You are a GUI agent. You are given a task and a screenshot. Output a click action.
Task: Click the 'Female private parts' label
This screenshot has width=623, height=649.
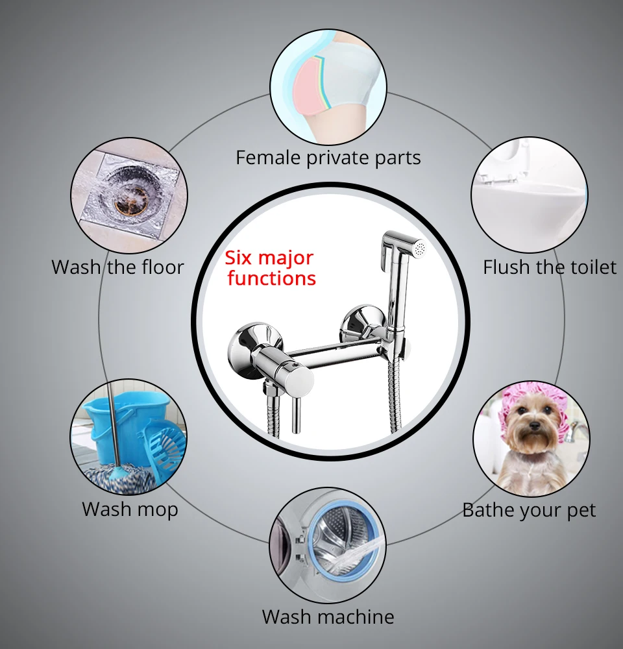point(328,157)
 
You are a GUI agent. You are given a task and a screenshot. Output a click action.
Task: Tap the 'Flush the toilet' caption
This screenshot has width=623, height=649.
point(549,267)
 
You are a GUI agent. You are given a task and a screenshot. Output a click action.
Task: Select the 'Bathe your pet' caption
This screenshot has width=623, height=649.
point(528,510)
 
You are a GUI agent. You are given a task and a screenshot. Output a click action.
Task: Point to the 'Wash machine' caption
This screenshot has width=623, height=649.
point(328,616)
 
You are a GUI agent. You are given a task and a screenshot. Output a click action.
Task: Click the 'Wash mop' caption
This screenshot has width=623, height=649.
point(130,509)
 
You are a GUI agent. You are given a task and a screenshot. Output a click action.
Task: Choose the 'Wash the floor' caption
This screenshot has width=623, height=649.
point(117,267)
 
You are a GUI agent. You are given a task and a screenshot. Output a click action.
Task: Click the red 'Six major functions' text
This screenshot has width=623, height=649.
point(271,268)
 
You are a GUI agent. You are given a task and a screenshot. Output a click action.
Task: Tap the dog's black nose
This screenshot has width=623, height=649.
point(533,425)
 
